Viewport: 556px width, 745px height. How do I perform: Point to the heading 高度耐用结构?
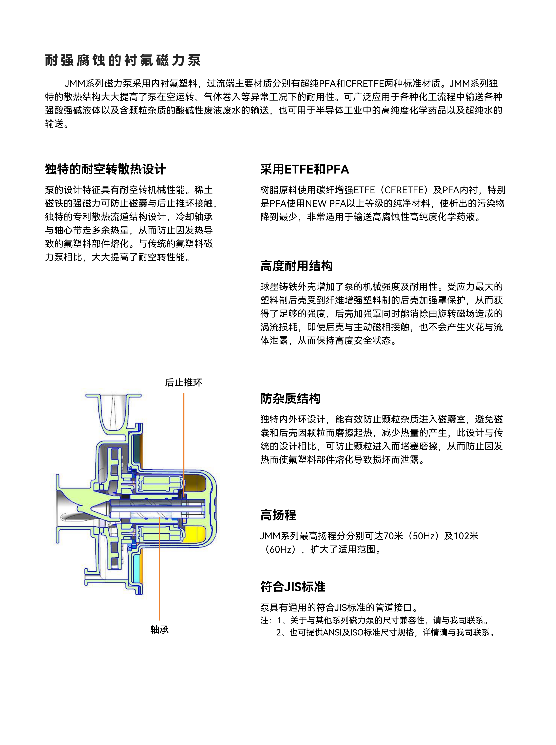click(x=297, y=266)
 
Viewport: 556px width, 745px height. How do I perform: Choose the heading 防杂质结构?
click(x=291, y=399)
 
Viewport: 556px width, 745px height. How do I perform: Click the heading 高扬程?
click(x=278, y=515)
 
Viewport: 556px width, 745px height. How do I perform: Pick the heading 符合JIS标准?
click(x=293, y=587)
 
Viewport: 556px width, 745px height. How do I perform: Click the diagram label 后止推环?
click(x=183, y=383)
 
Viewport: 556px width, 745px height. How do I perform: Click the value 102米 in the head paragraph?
click(x=466, y=536)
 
